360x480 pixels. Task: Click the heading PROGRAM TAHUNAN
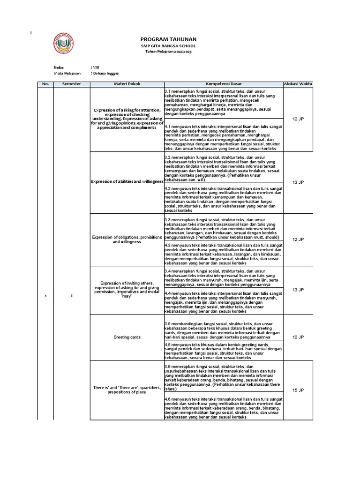pos(168,39)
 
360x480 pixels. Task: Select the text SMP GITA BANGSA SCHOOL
pos(168,46)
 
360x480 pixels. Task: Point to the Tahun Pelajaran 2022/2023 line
pos(168,52)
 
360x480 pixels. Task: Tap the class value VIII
pos(96,67)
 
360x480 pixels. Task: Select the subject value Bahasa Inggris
pos(105,74)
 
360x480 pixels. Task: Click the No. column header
pos(45,83)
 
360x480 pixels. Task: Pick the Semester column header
pos(72,83)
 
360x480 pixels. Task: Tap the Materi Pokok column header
pos(127,83)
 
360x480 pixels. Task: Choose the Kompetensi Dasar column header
pos(223,83)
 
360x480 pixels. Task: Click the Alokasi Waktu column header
pos(298,83)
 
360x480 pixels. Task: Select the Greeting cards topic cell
pos(127,337)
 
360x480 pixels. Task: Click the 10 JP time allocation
pos(298,337)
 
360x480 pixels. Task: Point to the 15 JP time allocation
pos(298,390)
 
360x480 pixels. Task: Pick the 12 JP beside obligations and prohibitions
pos(298,239)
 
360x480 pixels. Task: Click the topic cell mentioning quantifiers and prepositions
pos(127,390)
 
